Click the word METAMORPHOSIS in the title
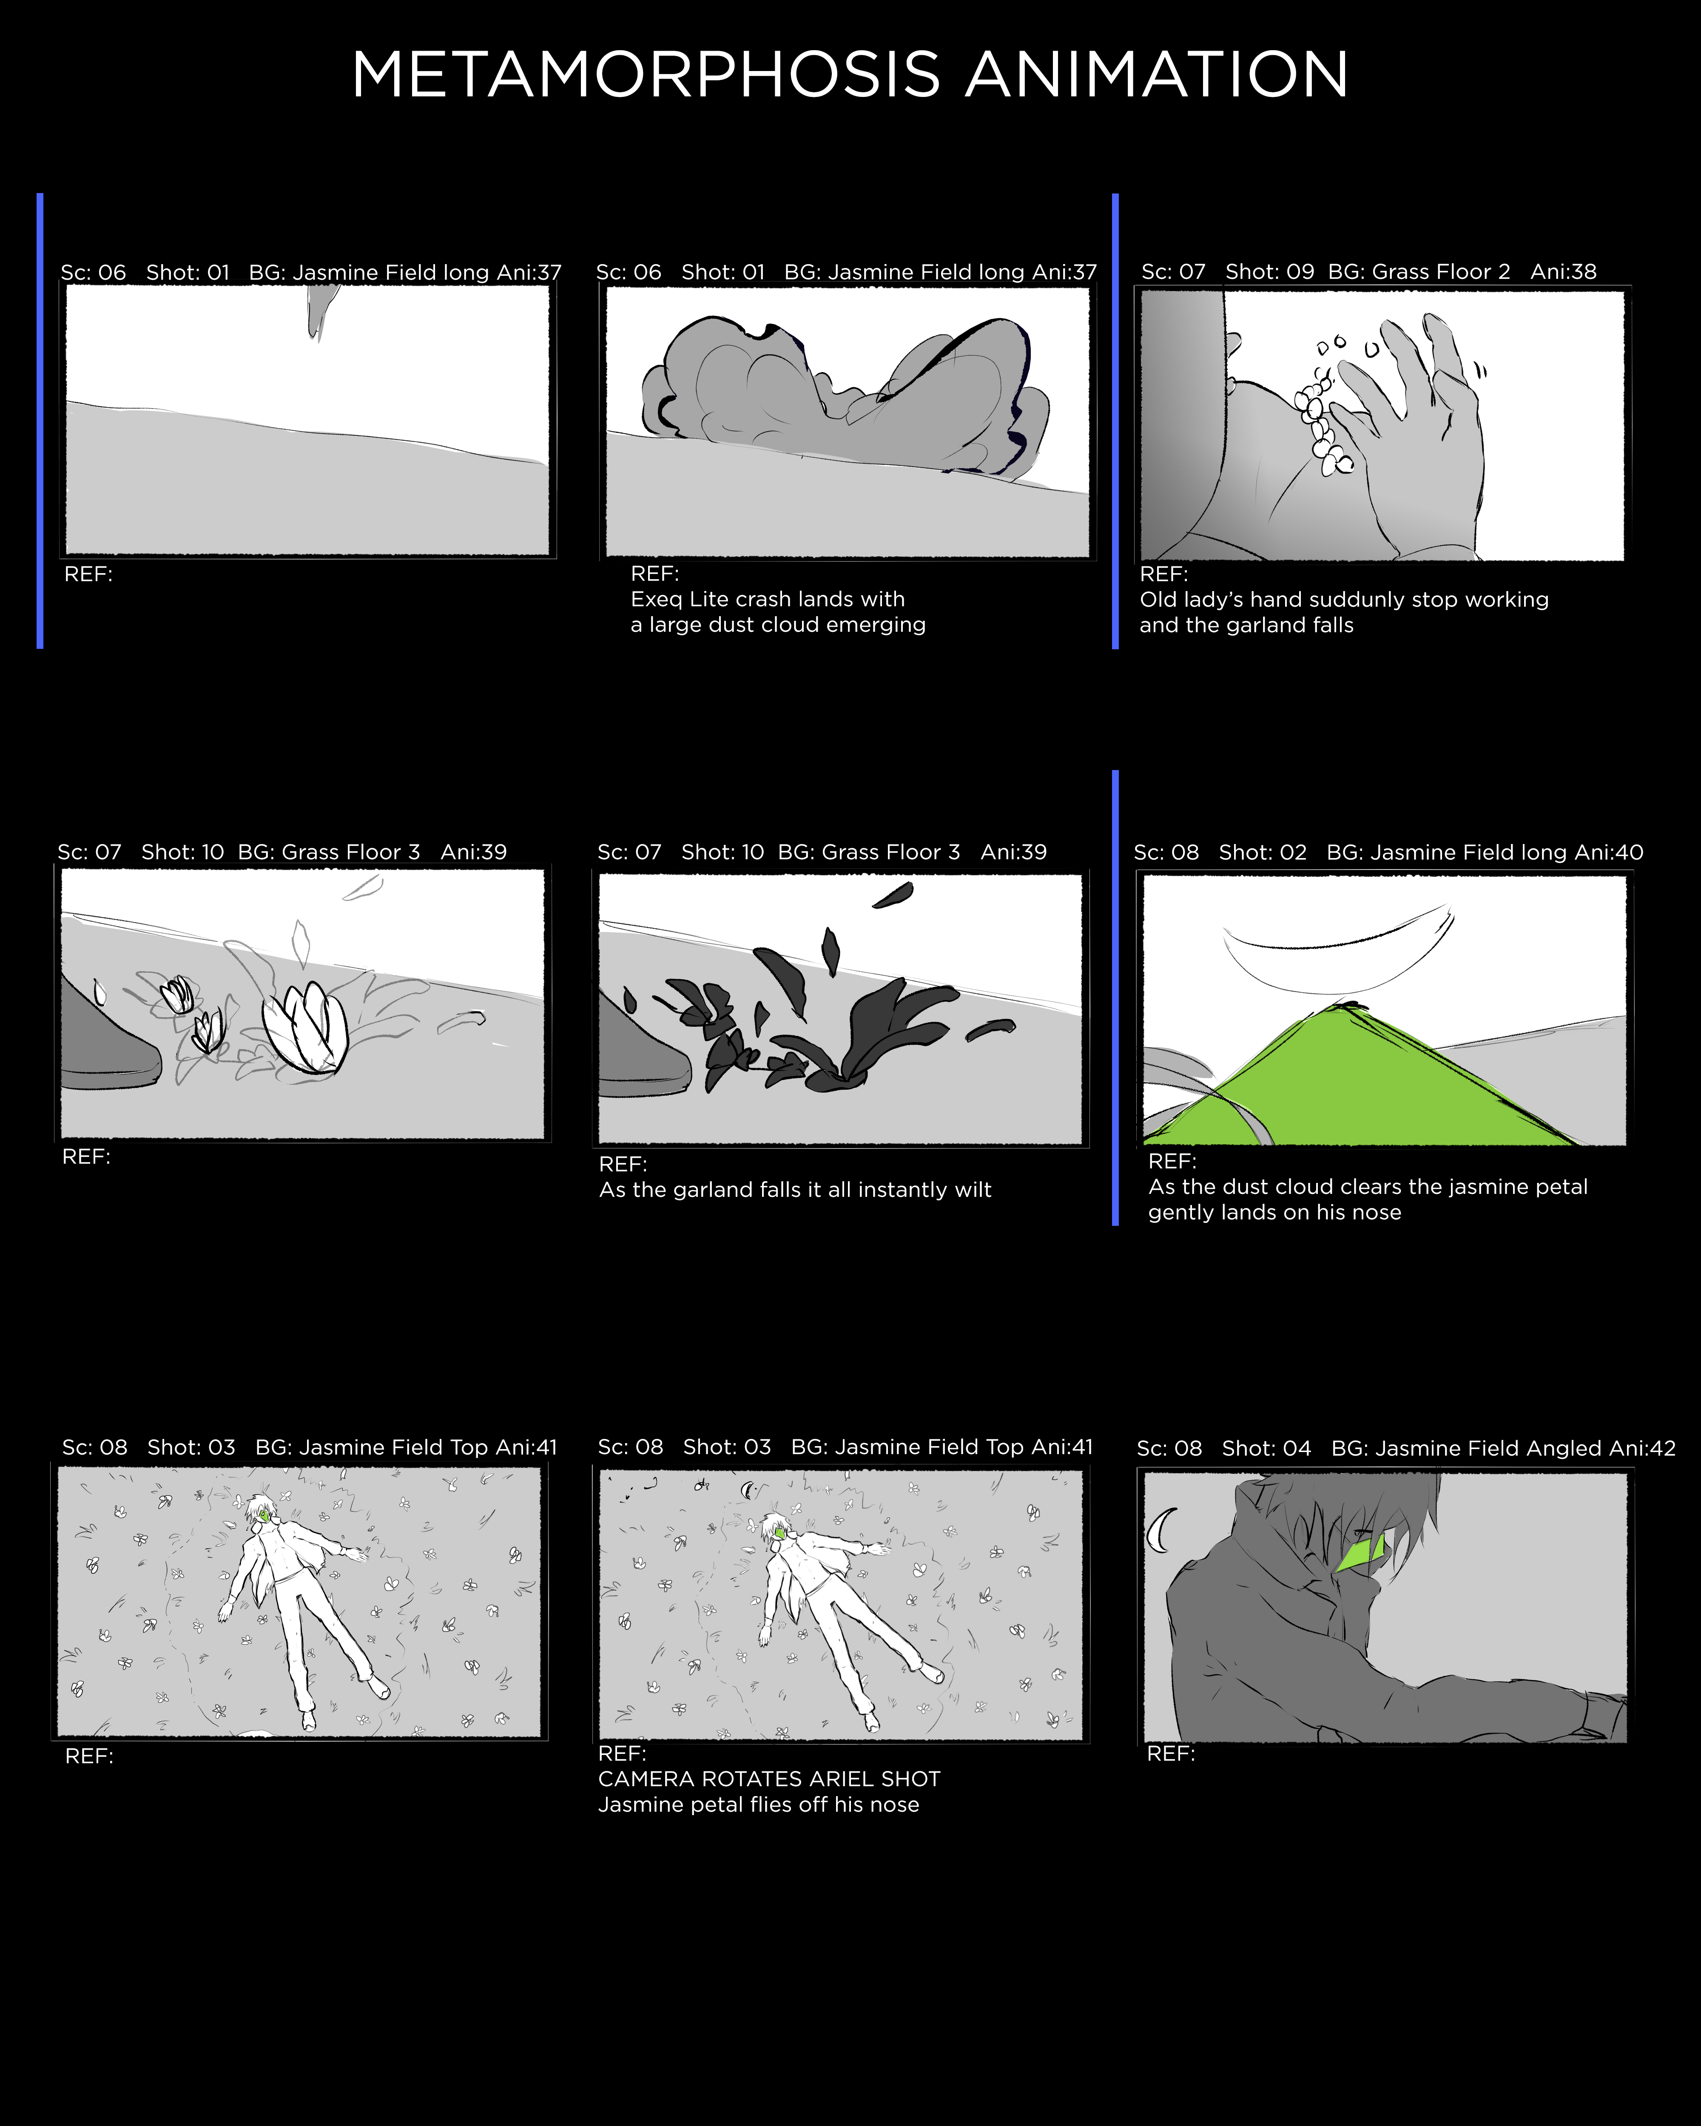click(646, 75)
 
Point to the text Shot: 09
click(1269, 272)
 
